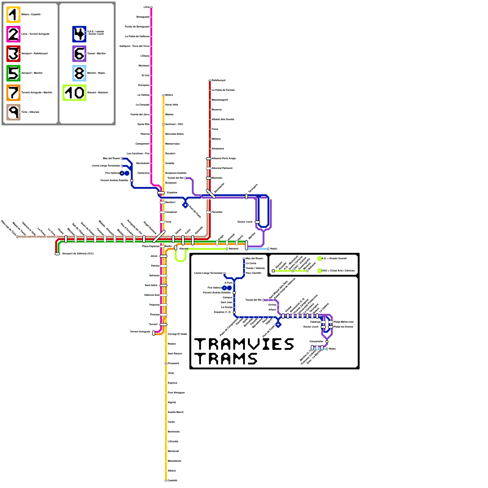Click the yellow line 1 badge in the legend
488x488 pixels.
click(13, 15)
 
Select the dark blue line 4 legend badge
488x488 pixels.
click(79, 34)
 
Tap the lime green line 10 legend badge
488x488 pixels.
click(74, 93)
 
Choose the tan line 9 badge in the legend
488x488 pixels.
click(13, 112)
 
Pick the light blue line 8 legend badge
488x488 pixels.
click(79, 73)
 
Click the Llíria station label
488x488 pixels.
click(146, 7)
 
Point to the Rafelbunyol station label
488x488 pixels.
click(218, 80)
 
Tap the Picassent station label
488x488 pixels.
click(173, 363)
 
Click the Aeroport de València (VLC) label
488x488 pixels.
click(78, 253)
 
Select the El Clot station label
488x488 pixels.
click(145, 75)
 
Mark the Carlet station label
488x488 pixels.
click(171, 422)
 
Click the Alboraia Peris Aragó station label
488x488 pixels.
click(224, 158)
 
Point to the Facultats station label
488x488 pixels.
click(217, 212)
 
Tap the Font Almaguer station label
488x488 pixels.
click(176, 393)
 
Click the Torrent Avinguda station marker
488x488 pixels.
click(154, 333)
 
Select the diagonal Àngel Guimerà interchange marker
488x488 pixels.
click(159, 236)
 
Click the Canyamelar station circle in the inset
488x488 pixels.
click(327, 342)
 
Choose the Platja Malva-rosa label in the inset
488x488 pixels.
click(343, 322)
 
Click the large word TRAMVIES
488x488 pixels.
click(244, 344)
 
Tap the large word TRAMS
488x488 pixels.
click(226, 359)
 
